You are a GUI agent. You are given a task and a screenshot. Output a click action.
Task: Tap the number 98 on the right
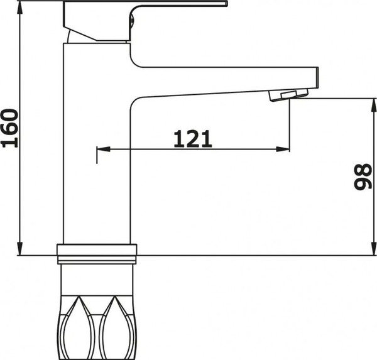click(361, 177)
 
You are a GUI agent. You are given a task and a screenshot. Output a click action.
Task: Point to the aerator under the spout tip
click(285, 95)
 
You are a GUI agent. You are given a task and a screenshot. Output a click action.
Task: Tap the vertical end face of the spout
click(316, 80)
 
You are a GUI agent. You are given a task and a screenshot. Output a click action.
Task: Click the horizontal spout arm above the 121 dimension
click(220, 80)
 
